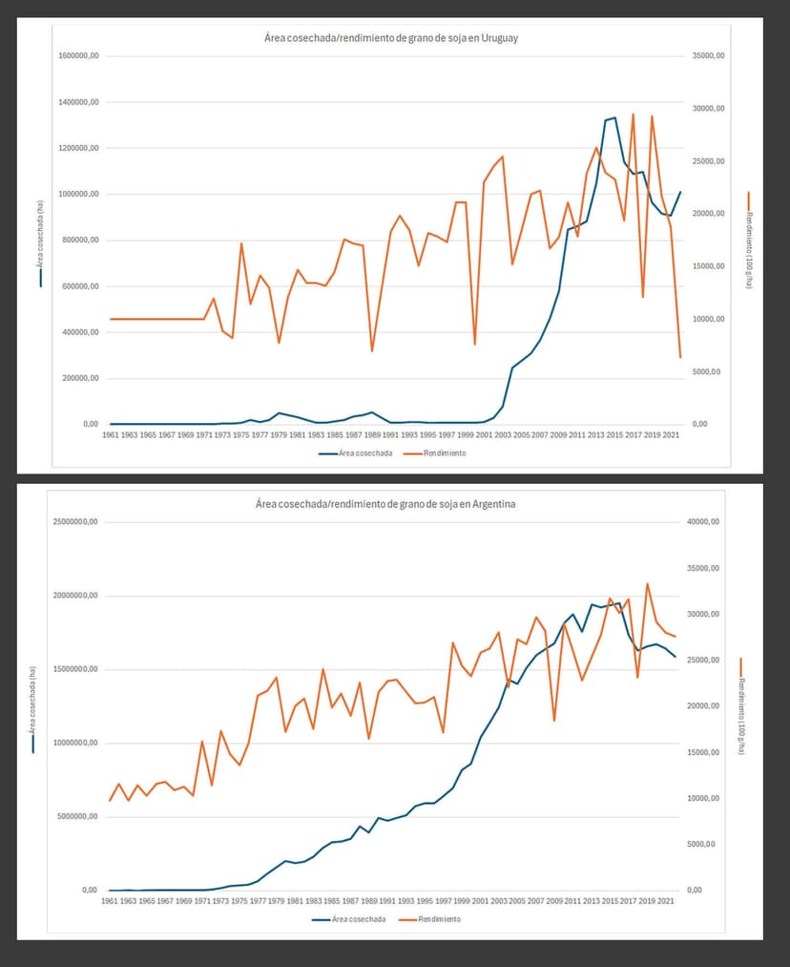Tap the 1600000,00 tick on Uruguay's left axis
tap(80, 56)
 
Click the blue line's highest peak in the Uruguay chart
tap(614, 117)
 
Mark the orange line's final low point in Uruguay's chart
tap(680, 357)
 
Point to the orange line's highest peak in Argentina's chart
tap(648, 583)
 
